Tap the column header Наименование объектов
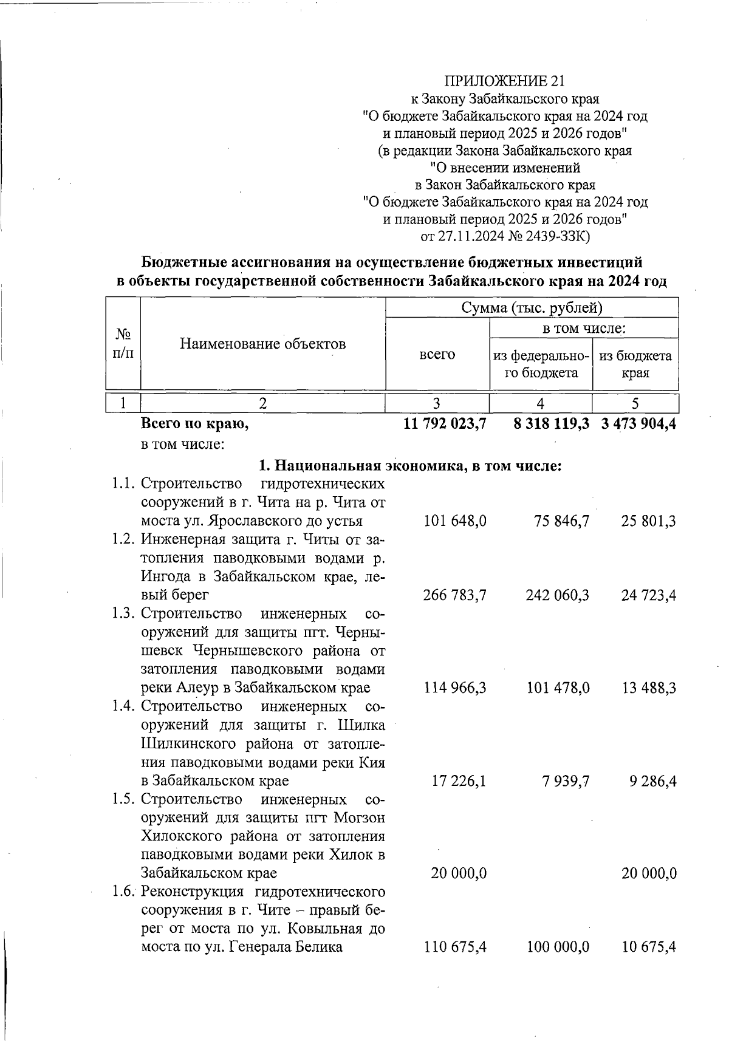262,344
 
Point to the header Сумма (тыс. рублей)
532,308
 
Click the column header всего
437,354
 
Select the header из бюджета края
635,364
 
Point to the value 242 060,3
557,595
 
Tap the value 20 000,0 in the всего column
459,873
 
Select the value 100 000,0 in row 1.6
557,947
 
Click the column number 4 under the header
540,404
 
